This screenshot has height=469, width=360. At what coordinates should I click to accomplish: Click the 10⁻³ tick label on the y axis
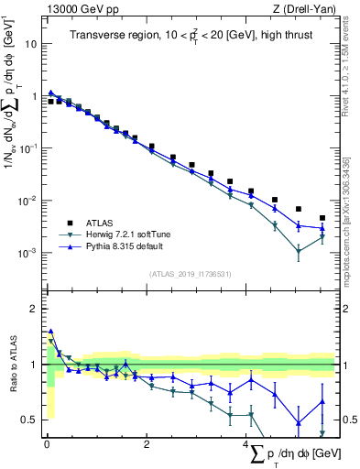[x=27, y=253]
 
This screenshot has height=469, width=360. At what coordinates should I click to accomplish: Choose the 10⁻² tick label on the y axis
[x=27, y=201]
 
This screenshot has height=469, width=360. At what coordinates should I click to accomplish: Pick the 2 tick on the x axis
[x=146, y=444]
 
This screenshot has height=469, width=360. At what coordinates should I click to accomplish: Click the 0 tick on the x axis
[x=47, y=444]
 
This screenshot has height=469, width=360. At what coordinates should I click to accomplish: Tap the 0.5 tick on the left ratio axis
[x=29, y=420]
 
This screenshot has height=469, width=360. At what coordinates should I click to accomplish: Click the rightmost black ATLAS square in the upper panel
[x=322, y=218]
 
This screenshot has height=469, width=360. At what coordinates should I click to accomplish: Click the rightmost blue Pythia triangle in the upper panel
[x=322, y=228]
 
